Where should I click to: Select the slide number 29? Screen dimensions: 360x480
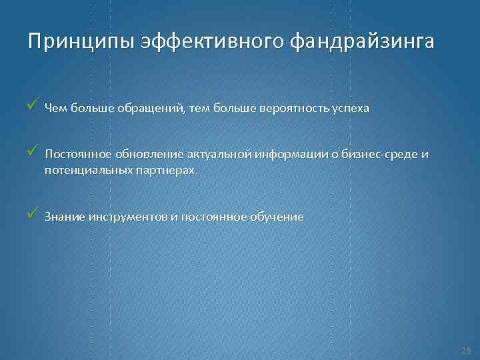pyautogui.click(x=465, y=350)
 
